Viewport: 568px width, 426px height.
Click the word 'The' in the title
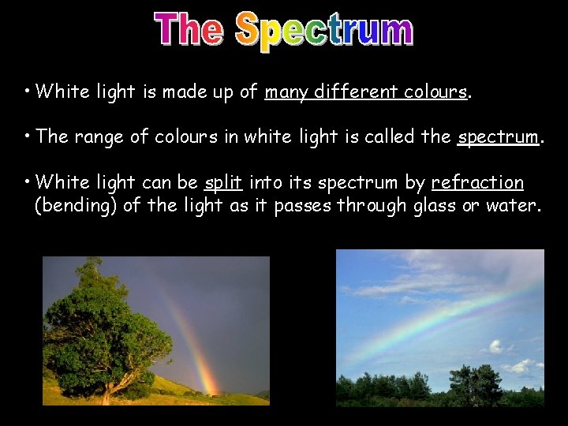189,30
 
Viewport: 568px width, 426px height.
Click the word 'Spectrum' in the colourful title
324,32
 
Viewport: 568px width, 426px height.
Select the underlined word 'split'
222,183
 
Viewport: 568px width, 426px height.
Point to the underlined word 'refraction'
477,183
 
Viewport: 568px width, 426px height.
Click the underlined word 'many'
286,92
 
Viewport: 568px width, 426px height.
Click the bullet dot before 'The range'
28,134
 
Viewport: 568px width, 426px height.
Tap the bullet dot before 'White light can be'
28,180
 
